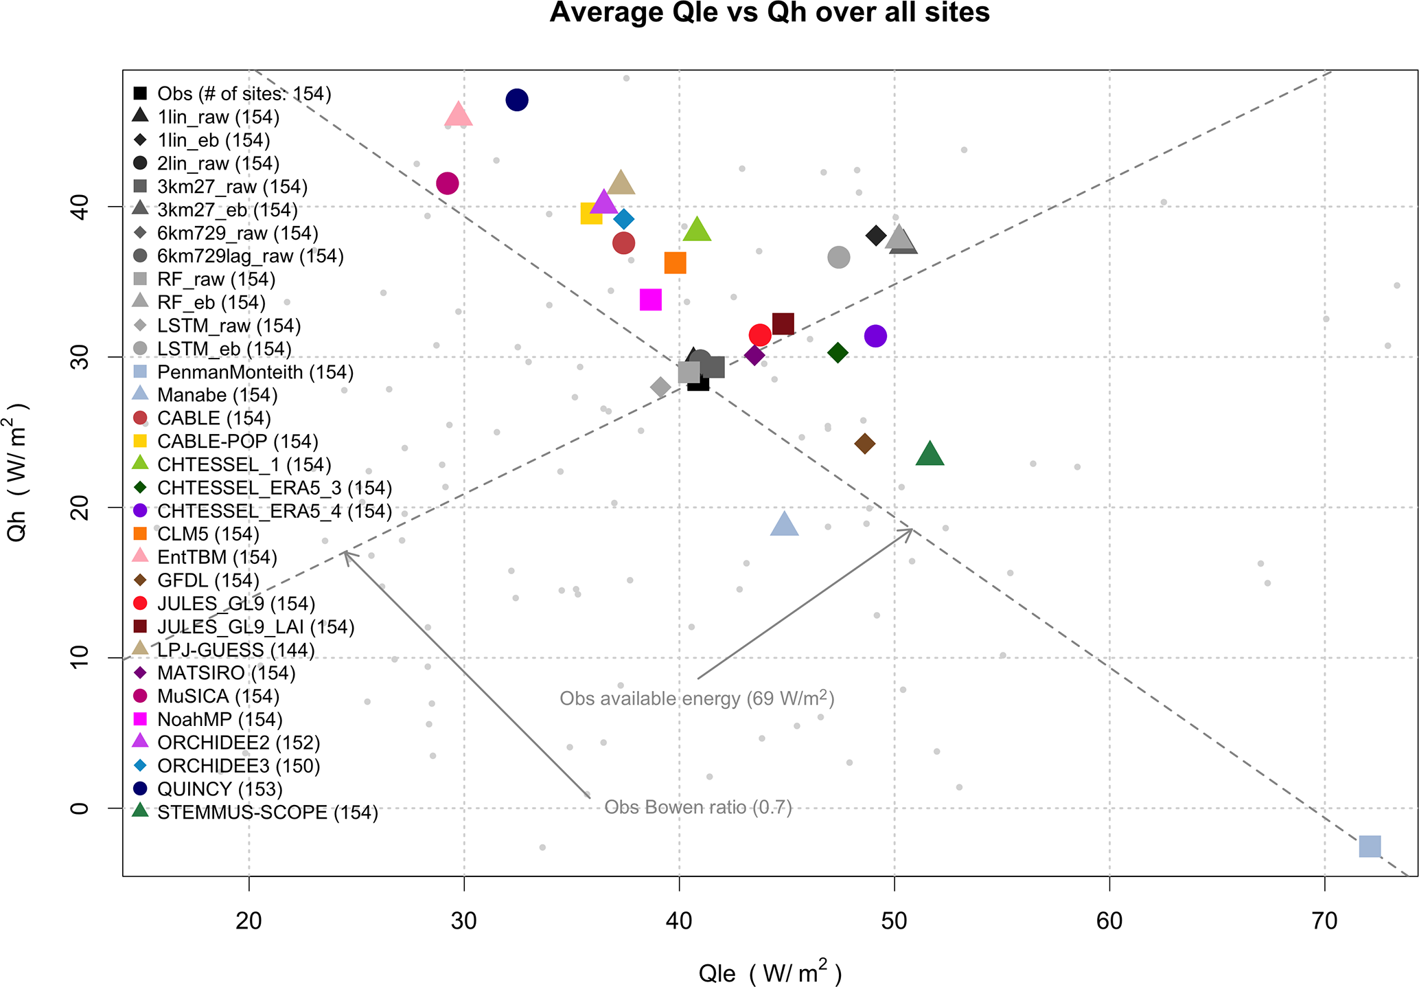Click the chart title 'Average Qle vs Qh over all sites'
coord(770,12)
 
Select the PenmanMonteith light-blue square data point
coord(1370,846)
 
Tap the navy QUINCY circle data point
coord(517,100)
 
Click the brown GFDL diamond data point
coord(865,444)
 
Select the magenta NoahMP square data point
coord(650,300)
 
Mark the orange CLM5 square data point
coord(675,263)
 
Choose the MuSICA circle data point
coord(448,183)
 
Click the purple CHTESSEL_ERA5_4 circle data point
coord(875,337)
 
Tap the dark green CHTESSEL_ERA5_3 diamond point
coord(838,353)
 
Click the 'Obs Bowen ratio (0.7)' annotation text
coord(698,807)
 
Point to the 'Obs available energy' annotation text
coord(697,699)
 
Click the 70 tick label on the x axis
coord(1324,921)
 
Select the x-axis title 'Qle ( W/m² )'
coord(770,973)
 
